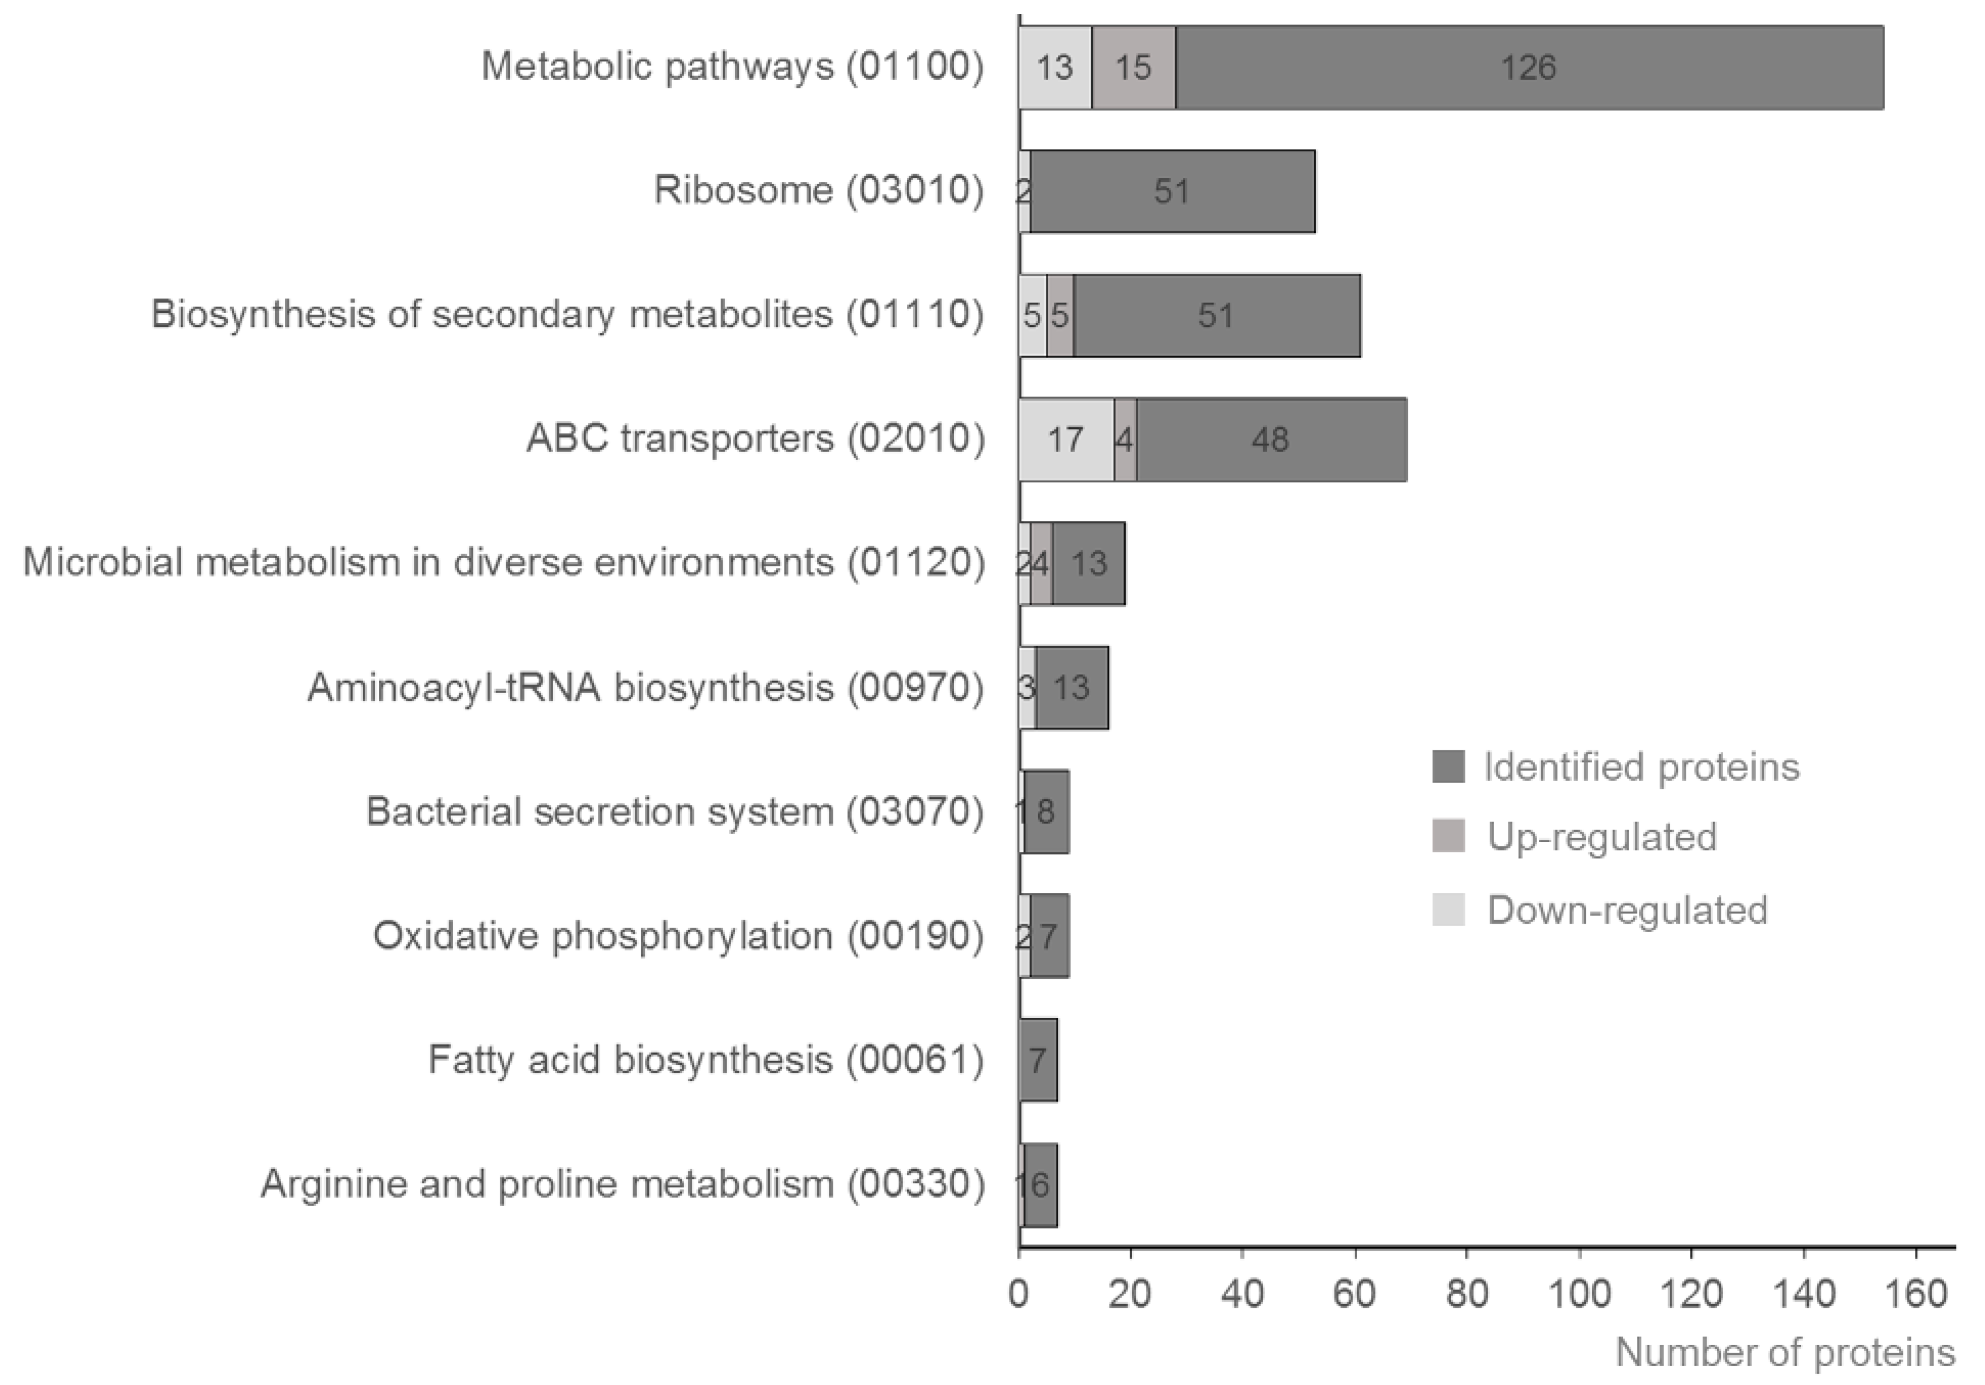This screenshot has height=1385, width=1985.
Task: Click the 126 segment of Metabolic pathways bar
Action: (x=1529, y=67)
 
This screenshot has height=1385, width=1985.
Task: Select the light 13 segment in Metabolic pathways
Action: (x=1055, y=67)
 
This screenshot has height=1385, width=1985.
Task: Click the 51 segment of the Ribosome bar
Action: (x=1172, y=191)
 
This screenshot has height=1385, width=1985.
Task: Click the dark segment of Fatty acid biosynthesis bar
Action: (x=1038, y=1059)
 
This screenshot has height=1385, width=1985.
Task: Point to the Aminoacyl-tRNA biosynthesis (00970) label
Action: (x=645, y=687)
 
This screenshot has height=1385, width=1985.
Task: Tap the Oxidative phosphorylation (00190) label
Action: (x=678, y=936)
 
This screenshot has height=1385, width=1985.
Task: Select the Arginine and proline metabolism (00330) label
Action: (x=622, y=1184)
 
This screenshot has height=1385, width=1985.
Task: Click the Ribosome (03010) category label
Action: (x=818, y=190)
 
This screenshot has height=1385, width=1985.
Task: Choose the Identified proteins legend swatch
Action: (x=1448, y=767)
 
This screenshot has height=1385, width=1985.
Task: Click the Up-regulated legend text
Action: (x=1601, y=837)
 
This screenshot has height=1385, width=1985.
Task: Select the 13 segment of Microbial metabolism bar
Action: (x=1088, y=564)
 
